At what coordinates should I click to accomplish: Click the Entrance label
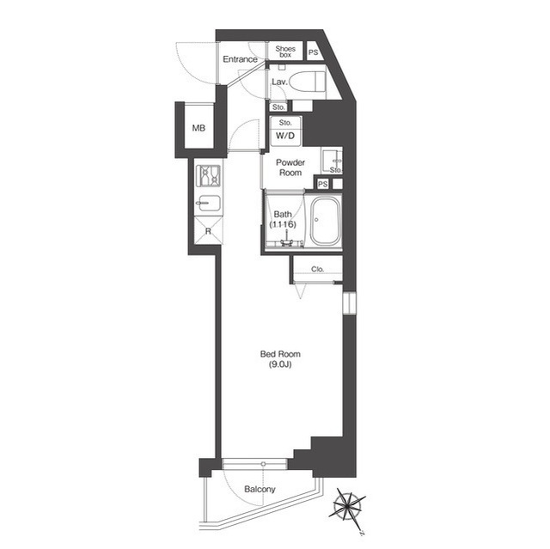pyautogui.click(x=241, y=59)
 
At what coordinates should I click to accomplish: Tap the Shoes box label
pyautogui.click(x=285, y=52)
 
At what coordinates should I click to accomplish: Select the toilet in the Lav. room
pyautogui.click(x=308, y=82)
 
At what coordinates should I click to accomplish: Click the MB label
pyautogui.click(x=199, y=128)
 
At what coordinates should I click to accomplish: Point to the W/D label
pyautogui.click(x=285, y=136)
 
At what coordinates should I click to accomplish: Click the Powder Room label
pyautogui.click(x=290, y=168)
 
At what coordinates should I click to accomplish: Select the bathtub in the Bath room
pyautogui.click(x=326, y=221)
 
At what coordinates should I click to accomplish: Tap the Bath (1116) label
pyautogui.click(x=283, y=219)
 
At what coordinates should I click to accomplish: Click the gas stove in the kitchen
pyautogui.click(x=208, y=176)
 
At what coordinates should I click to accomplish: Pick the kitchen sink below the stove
pyautogui.click(x=208, y=203)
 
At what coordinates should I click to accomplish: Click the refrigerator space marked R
pyautogui.click(x=208, y=231)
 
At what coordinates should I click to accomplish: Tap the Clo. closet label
pyautogui.click(x=317, y=269)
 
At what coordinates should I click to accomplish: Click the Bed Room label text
pyautogui.click(x=280, y=354)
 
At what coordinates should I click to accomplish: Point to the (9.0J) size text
pyautogui.click(x=280, y=364)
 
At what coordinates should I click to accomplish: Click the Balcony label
pyautogui.click(x=260, y=489)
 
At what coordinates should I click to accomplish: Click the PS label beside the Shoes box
pyautogui.click(x=313, y=52)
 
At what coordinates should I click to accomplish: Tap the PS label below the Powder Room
pyautogui.click(x=323, y=184)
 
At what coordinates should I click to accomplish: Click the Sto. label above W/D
pyautogui.click(x=285, y=123)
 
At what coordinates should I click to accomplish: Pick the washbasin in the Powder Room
pyautogui.click(x=332, y=161)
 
